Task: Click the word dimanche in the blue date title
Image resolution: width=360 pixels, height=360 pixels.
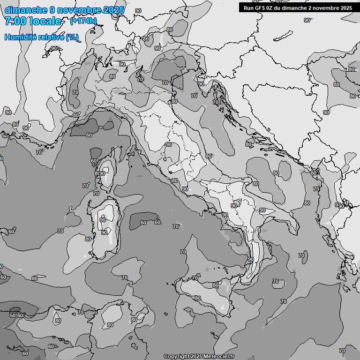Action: [x=25, y=10]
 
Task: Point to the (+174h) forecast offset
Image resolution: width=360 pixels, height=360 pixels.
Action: [x=83, y=21]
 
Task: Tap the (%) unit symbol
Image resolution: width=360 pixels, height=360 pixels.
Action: [x=72, y=37]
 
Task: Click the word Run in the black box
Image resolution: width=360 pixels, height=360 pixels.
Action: [x=248, y=8]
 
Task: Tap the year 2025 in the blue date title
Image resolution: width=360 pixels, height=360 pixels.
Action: [x=114, y=10]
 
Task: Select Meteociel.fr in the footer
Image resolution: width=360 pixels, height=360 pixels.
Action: [x=219, y=357]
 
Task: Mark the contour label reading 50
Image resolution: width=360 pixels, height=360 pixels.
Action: [x=13, y=315]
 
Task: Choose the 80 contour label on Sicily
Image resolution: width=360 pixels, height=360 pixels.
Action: [x=198, y=298]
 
